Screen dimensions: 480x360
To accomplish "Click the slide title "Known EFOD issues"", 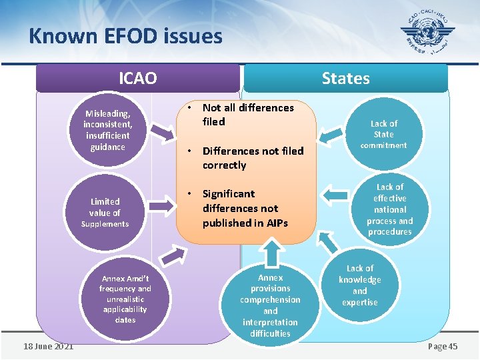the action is tap(125, 35).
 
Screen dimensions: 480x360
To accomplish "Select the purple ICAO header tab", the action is tap(137, 78).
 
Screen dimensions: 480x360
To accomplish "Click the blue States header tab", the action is tap(345, 78).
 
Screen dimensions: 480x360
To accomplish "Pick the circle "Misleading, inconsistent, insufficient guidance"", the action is tap(107, 130).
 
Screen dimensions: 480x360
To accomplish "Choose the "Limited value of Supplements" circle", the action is tap(105, 212).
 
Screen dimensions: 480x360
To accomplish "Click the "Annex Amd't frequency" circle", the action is tap(125, 299).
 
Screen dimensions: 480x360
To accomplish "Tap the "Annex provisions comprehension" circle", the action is tap(270, 305).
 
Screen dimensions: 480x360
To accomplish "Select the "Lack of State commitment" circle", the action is tap(383, 134).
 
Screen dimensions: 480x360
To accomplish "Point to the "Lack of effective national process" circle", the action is tap(389, 209).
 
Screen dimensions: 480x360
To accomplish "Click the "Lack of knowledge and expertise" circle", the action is tap(360, 285).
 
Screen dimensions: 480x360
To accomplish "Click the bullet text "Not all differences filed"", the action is tap(248, 115).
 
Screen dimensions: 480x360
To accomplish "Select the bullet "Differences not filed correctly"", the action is tap(253, 158).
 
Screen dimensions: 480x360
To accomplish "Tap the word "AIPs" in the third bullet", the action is tap(275, 223).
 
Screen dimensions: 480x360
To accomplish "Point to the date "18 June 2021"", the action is tap(48, 347).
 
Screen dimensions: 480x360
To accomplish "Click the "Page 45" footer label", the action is tap(443, 347).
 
